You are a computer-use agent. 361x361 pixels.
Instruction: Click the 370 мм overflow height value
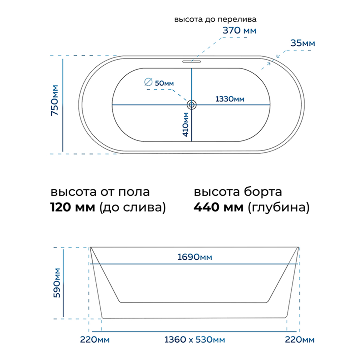239,30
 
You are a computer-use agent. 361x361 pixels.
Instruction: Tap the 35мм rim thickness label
303,43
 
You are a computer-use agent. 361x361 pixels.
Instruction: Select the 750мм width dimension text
55,100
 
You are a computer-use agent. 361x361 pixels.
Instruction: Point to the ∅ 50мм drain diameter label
159,83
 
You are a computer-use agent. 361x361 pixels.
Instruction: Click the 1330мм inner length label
230,99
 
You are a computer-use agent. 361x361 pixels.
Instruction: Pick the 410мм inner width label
186,124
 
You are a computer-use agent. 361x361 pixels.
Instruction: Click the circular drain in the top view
192,105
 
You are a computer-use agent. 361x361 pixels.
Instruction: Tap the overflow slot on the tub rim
192,61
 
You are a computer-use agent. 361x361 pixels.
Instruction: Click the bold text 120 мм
73,207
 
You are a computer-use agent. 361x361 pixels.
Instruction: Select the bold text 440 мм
218,207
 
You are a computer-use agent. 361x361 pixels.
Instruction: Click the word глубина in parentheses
279,208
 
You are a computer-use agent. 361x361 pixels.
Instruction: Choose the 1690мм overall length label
195,257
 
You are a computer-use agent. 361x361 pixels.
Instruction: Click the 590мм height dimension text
57,283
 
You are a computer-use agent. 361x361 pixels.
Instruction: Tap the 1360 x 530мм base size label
195,340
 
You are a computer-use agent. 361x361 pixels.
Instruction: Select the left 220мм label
95,340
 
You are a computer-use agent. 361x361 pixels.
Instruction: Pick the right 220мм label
300,340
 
